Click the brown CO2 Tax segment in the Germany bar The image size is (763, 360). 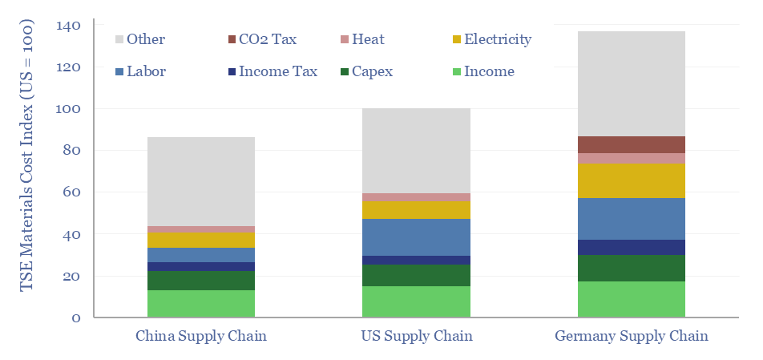point(631,144)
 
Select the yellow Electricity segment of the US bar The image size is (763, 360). point(416,210)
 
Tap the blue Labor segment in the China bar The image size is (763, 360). point(201,255)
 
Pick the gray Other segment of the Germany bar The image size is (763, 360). point(631,83)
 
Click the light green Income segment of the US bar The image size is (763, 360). point(416,301)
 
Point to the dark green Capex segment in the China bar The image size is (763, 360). point(201,281)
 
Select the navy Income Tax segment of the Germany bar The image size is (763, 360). point(631,247)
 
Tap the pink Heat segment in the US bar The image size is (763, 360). point(416,197)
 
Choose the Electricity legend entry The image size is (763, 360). point(490,39)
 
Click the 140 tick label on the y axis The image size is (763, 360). point(69,26)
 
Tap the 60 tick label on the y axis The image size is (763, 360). point(72,192)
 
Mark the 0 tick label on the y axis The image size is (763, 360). point(76,318)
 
